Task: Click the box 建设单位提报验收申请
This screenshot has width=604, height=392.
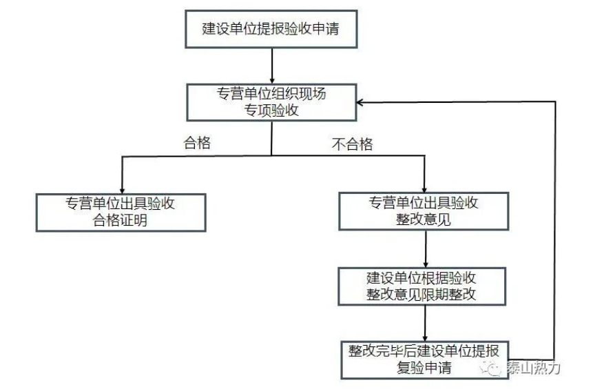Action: pos(272,30)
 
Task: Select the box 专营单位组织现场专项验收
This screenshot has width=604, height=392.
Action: pos(272,102)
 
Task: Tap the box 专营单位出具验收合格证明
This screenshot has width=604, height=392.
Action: pos(121,211)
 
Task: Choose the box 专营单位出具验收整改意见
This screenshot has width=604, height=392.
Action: pos(424,211)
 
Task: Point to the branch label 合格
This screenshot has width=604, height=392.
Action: pos(196,144)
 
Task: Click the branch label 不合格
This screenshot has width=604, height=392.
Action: pos(352,144)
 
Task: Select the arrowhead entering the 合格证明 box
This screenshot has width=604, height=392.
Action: pos(121,188)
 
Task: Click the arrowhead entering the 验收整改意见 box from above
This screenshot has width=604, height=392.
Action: pos(424,188)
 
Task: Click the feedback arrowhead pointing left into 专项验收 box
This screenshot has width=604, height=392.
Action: pos(362,101)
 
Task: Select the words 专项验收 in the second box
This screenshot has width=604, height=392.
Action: pos(272,110)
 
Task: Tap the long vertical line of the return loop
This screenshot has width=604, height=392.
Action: pos(554,228)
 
